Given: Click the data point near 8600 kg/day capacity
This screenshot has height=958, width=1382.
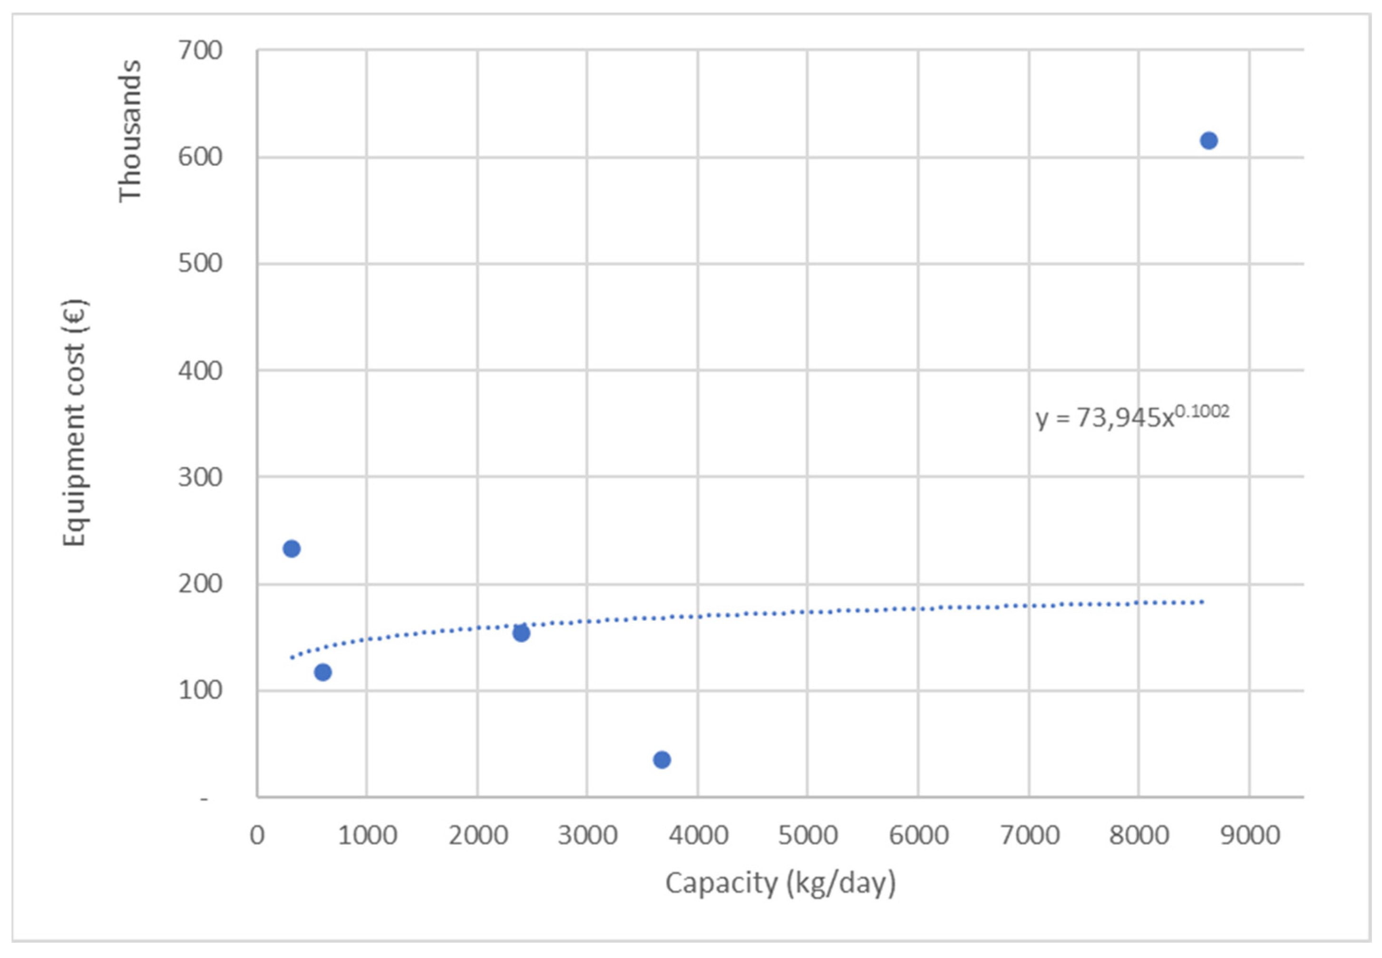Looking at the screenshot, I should pyautogui.click(x=1208, y=140).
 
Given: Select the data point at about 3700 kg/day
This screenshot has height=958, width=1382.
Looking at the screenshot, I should pyautogui.click(x=662, y=760).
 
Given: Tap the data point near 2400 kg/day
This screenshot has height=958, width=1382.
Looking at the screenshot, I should pyautogui.click(x=521, y=633).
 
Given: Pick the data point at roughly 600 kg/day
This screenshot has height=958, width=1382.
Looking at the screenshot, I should pyautogui.click(x=322, y=672).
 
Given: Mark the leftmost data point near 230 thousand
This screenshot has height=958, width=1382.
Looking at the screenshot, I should pyautogui.click(x=291, y=549).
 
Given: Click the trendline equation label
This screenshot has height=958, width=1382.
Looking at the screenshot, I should pyautogui.click(x=1132, y=416).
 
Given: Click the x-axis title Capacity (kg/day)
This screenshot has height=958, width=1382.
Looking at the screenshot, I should pyautogui.click(x=780, y=883).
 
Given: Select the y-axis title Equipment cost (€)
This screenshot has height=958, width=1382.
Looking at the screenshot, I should pyautogui.click(x=76, y=423).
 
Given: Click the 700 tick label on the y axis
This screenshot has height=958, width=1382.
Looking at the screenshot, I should pyautogui.click(x=200, y=50).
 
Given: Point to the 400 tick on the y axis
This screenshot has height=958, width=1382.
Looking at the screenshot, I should pyautogui.click(x=200, y=370).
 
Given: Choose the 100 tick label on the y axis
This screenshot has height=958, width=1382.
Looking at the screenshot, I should pyautogui.click(x=200, y=690).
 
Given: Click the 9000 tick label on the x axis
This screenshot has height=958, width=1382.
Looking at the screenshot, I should pyautogui.click(x=1250, y=835).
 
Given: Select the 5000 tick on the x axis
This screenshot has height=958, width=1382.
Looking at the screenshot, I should pyautogui.click(x=808, y=835).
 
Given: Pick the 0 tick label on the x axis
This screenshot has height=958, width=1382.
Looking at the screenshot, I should pyautogui.click(x=257, y=835).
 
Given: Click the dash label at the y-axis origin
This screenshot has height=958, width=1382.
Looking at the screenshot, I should pyautogui.click(x=204, y=799).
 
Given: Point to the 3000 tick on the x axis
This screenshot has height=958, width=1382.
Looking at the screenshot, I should pyautogui.click(x=587, y=835).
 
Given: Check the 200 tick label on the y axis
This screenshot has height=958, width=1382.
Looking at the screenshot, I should pyautogui.click(x=200, y=583).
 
